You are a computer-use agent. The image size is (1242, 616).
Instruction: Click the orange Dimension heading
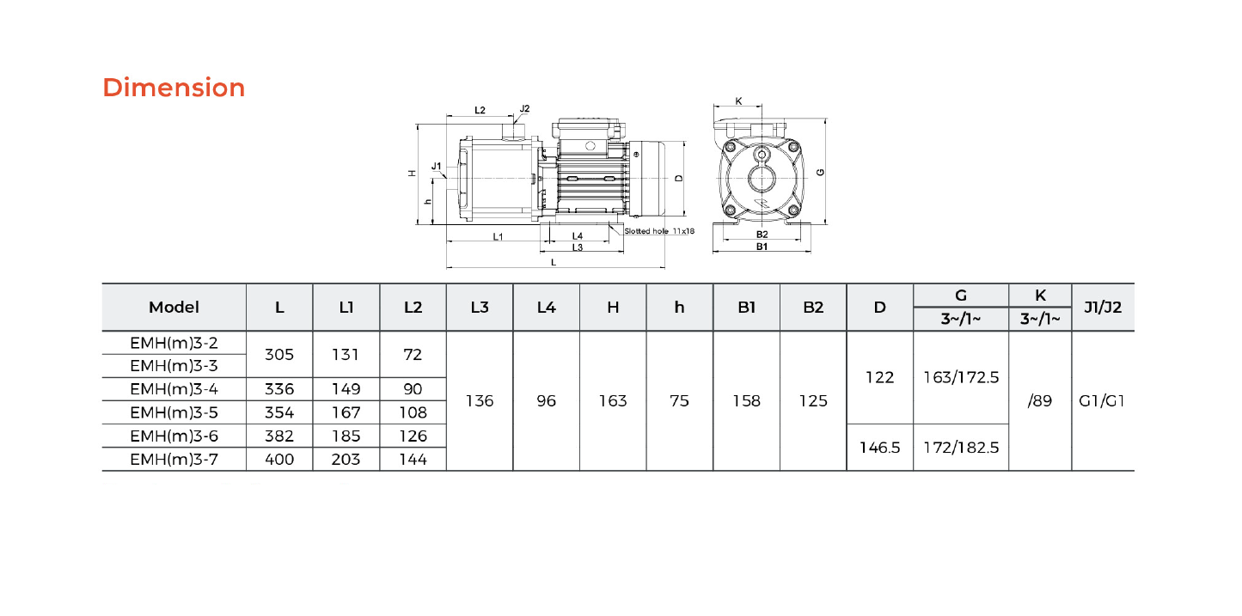coord(174,88)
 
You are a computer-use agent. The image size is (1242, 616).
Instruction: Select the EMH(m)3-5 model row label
coord(174,412)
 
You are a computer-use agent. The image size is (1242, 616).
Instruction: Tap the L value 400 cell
coord(278,459)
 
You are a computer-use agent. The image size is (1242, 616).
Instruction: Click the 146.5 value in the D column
coord(879,448)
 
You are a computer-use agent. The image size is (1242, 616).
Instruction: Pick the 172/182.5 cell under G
coord(961,448)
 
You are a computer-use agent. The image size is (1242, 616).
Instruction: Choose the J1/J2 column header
coord(1103,308)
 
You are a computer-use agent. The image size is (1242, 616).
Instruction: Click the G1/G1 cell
coord(1102,401)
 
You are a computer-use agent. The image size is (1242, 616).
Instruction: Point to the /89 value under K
coord(1040,401)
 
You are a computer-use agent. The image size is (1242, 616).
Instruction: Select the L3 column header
coord(480,308)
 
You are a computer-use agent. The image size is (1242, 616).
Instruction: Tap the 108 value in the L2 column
coord(413,412)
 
